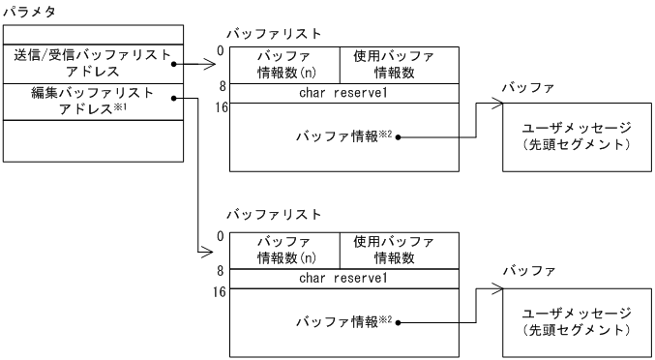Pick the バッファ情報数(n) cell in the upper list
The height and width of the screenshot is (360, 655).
click(283, 64)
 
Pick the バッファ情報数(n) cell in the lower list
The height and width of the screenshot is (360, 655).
click(283, 250)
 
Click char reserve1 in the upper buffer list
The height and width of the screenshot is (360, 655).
click(343, 93)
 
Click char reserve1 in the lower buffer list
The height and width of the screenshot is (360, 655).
click(343, 279)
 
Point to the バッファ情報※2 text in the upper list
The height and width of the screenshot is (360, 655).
click(342, 135)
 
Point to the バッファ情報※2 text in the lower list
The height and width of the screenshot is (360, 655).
click(342, 319)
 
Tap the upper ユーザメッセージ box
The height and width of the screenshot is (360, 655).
click(577, 137)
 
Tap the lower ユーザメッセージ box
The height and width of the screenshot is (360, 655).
click(577, 321)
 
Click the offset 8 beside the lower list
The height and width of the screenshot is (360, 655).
click(222, 271)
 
